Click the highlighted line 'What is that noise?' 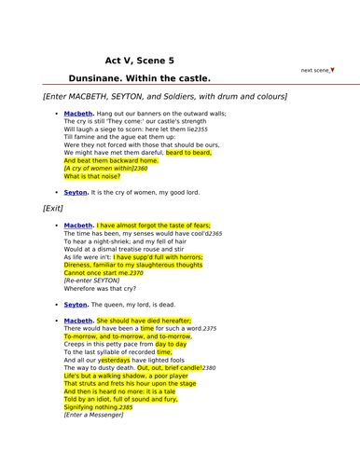(x=93, y=176)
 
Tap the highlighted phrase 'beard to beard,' (x=188, y=153)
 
